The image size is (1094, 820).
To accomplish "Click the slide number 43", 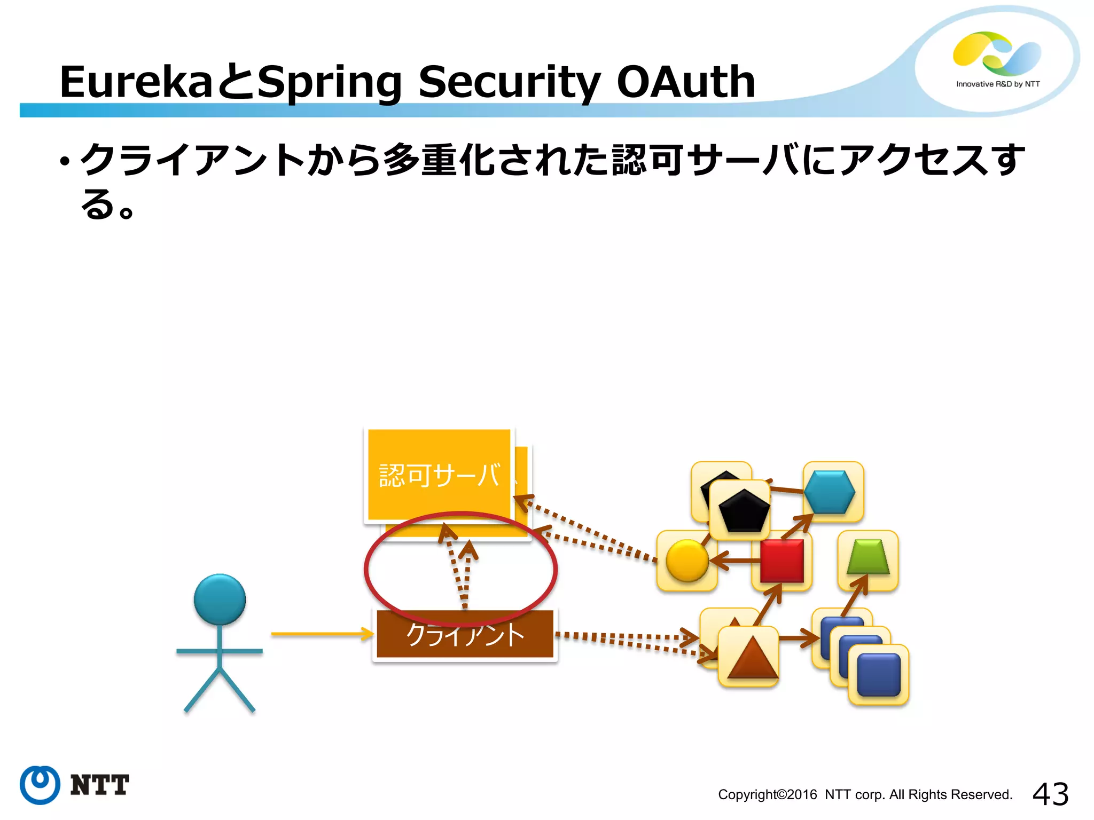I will (x=1050, y=794).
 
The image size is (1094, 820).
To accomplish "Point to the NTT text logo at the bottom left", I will (x=100, y=785).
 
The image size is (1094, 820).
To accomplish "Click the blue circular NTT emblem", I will (x=40, y=784).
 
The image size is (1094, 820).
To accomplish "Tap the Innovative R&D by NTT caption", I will (x=998, y=84).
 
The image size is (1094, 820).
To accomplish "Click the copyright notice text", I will (x=865, y=794).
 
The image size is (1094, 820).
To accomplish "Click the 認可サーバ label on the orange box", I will (x=440, y=475).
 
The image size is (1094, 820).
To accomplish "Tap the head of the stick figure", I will (x=220, y=599).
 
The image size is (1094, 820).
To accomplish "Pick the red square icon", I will (x=782, y=561).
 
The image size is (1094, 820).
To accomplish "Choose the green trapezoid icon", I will (x=868, y=557).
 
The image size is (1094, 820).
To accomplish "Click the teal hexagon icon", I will (x=830, y=492).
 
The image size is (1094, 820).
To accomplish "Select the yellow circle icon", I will (x=687, y=560).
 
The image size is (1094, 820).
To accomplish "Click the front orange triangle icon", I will (x=752, y=658).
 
